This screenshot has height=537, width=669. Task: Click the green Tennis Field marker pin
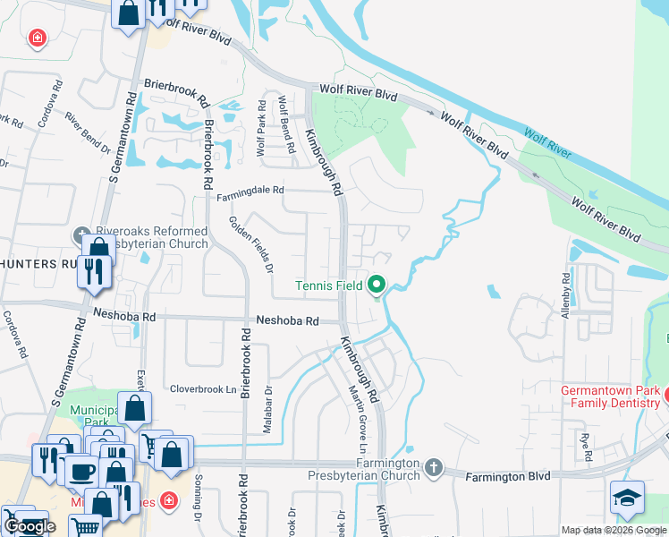pos(377,286)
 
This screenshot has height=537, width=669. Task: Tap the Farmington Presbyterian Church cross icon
pos(434,467)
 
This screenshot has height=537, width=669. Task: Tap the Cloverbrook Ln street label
pos(204,390)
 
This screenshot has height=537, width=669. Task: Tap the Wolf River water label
pos(546,143)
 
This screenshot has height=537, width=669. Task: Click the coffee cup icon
pos(82,472)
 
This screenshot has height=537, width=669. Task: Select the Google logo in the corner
pos(30,526)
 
